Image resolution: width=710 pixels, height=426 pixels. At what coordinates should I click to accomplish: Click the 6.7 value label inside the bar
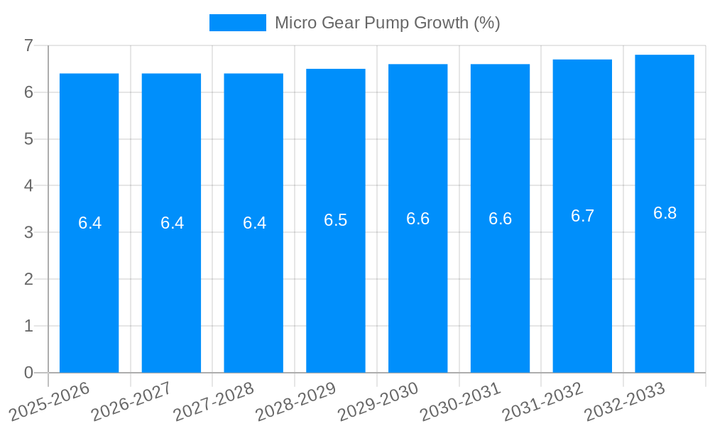(582, 217)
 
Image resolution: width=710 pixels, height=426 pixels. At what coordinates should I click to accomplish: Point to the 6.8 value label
(665, 214)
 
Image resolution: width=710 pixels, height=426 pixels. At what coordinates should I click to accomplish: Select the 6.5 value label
(335, 221)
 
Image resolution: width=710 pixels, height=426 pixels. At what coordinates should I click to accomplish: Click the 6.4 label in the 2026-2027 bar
(172, 223)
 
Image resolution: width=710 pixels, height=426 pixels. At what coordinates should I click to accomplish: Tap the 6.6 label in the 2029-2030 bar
(417, 219)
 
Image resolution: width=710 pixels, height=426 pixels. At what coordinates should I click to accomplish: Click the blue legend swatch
(237, 23)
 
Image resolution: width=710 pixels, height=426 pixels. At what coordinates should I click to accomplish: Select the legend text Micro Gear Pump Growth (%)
(387, 23)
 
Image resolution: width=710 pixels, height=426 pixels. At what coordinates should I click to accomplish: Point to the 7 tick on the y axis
(28, 45)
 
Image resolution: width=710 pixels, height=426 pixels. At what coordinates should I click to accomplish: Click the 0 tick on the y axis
(28, 373)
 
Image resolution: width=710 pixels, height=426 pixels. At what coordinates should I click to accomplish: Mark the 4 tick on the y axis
(28, 185)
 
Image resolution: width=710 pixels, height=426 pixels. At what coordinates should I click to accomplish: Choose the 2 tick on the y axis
(28, 279)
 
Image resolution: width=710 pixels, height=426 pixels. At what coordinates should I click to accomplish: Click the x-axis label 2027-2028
(214, 401)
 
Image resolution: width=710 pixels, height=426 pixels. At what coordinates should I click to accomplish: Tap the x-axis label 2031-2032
(542, 401)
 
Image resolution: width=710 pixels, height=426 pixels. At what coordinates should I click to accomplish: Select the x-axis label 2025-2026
(49, 401)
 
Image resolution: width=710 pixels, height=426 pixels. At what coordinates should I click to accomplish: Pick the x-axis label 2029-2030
(378, 401)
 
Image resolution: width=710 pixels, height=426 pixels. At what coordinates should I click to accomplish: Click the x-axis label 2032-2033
(625, 401)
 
